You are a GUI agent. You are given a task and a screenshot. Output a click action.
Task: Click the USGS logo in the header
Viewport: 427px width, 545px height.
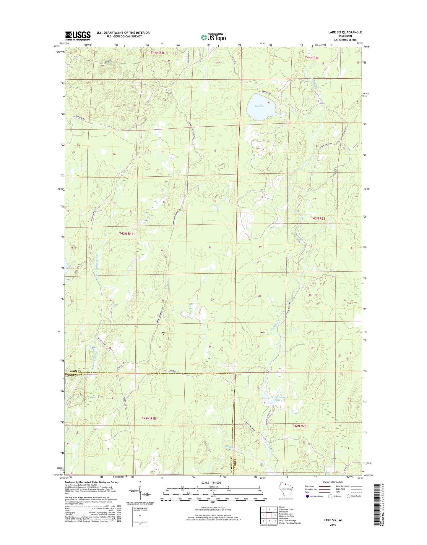[78, 36]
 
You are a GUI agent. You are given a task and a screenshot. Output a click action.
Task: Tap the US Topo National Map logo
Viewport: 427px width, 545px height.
[213, 37]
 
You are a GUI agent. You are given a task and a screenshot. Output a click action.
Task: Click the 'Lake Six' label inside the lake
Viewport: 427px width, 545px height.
[259, 106]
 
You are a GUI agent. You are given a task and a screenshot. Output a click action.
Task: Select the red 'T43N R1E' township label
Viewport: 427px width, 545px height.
[126, 233]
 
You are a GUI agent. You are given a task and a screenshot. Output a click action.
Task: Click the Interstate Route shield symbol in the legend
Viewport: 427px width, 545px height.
[308, 496]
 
